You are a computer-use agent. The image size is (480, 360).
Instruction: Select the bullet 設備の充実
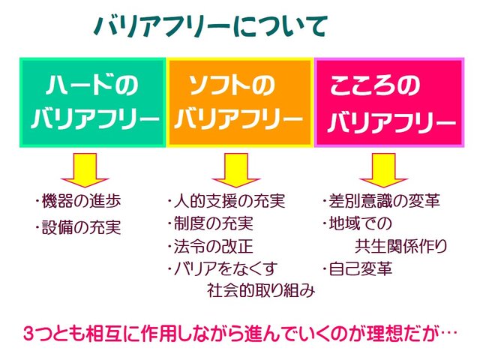point(78,226)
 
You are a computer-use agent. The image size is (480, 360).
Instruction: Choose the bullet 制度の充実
point(211,224)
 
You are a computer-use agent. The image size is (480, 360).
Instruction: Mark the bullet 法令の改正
point(211,247)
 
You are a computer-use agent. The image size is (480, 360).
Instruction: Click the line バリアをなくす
point(223,268)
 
